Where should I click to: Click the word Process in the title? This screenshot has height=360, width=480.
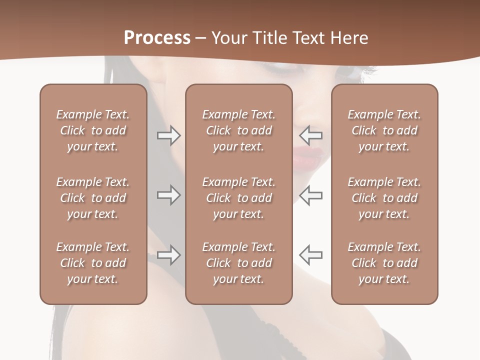point(157,38)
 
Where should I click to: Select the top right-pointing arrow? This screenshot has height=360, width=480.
point(168,135)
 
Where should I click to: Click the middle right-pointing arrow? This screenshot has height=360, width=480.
point(168,195)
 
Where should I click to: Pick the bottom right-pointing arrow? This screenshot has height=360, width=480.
point(168,255)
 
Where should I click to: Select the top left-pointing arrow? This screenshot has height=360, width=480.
point(311,135)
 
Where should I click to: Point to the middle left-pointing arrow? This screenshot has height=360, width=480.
point(311,195)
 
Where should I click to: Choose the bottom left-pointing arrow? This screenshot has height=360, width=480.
point(311,255)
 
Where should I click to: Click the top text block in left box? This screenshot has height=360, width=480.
point(93,130)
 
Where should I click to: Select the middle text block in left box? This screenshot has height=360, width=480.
point(93,198)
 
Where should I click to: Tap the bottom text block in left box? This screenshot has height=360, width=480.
point(93,263)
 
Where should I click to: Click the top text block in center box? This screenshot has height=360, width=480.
point(238,130)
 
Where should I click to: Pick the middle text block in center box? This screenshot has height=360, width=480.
point(238,198)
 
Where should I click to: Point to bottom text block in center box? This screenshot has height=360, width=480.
point(238,263)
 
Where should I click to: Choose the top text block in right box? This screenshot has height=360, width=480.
point(384,130)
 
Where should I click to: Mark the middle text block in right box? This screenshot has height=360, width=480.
point(384,198)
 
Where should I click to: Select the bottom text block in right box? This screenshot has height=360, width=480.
point(384,263)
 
